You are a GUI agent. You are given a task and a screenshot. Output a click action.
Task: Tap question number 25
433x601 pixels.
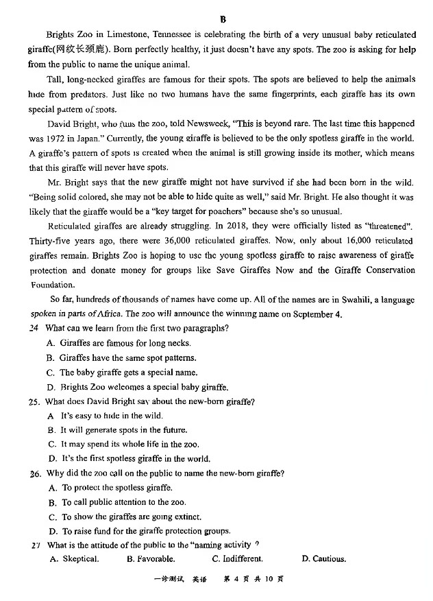click(x=34, y=401)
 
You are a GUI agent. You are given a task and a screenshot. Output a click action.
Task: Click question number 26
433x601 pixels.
click(x=35, y=473)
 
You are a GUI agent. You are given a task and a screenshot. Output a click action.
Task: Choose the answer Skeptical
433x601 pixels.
click(x=80, y=559)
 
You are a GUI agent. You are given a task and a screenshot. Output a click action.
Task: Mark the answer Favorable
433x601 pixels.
click(x=155, y=559)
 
